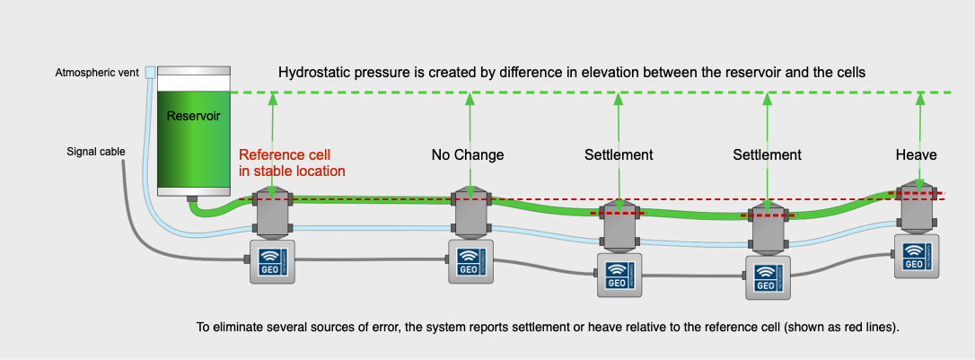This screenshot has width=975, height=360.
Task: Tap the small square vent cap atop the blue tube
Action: coord(150,71)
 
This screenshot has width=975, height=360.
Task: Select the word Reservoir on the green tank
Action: coord(193,116)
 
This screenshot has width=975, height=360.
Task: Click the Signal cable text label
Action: coord(96,151)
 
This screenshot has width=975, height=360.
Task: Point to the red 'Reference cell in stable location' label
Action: coord(292,162)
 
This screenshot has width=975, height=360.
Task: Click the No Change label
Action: coord(468,154)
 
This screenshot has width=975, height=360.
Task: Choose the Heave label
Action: coord(916,154)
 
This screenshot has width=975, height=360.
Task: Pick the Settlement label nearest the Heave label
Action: coord(767,154)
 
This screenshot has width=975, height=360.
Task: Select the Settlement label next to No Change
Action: coord(619,154)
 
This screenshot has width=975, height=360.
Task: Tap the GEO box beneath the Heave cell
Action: coord(917,256)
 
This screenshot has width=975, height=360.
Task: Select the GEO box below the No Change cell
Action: coord(470,261)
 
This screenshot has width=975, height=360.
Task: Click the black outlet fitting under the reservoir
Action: coord(191,198)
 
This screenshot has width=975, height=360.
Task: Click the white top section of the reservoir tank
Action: coord(193,82)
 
